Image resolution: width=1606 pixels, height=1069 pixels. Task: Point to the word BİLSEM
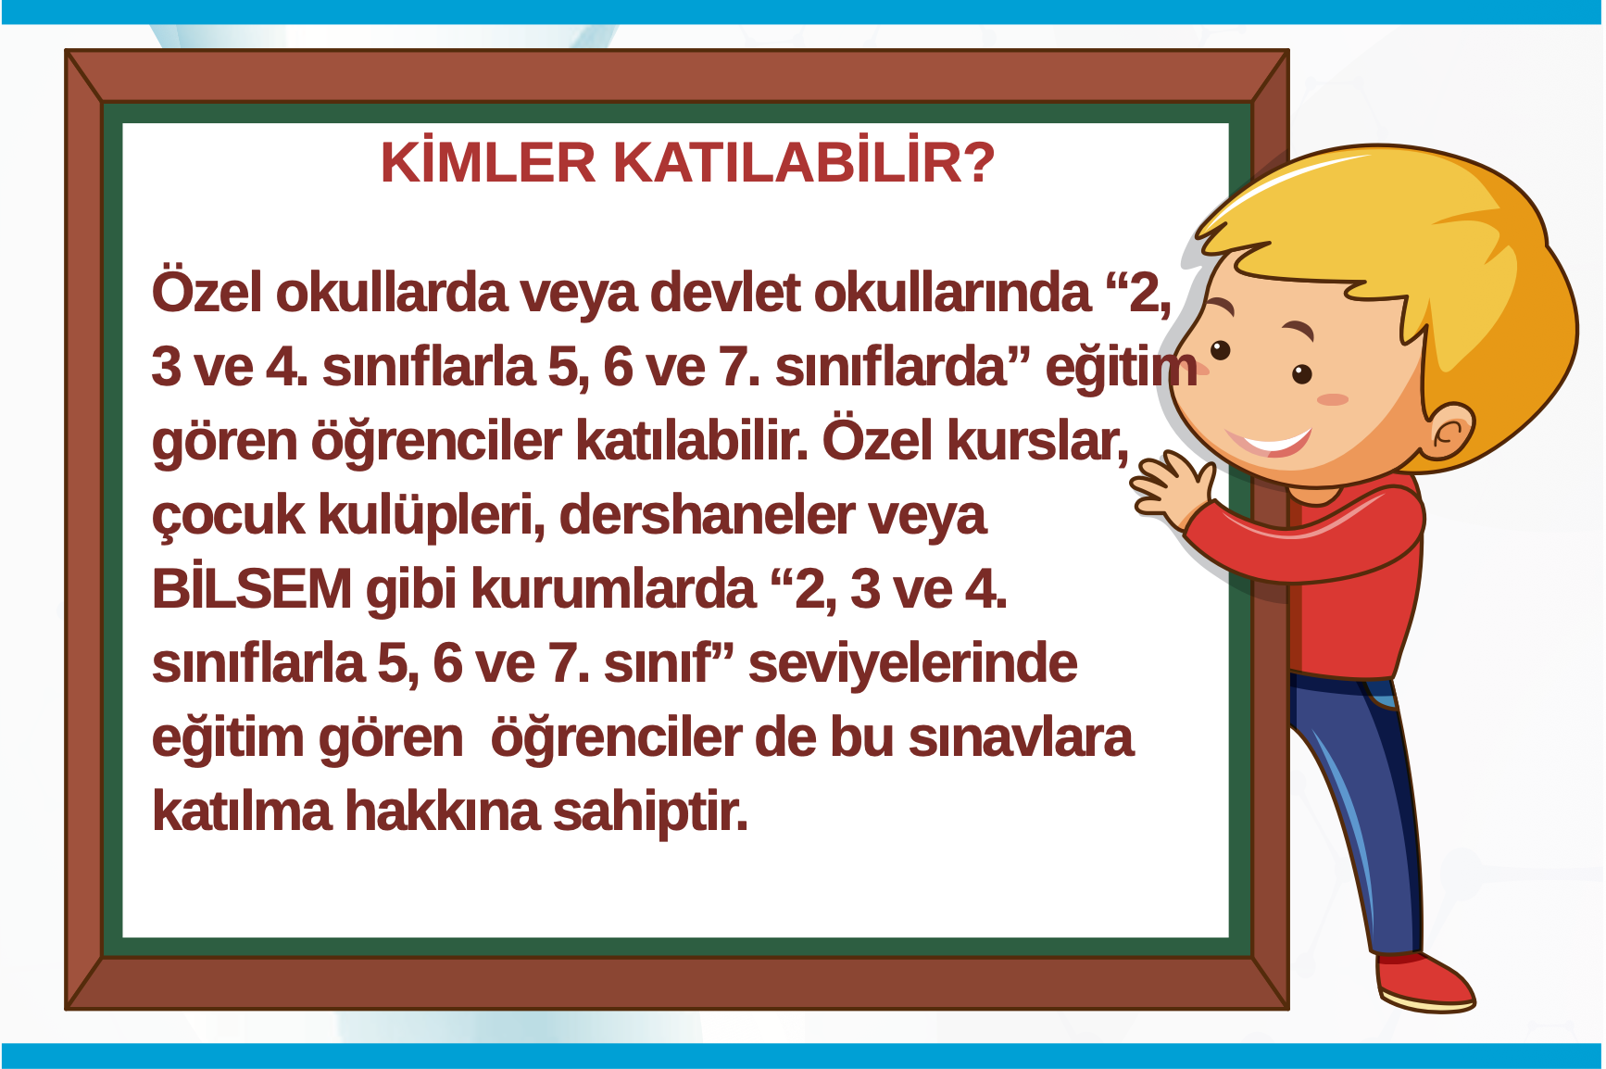[x=252, y=589]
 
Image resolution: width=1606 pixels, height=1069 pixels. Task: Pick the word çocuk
[x=228, y=517]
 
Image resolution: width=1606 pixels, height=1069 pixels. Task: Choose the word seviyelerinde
[x=912, y=663]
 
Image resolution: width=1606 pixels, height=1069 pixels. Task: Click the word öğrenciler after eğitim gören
[x=616, y=739]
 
